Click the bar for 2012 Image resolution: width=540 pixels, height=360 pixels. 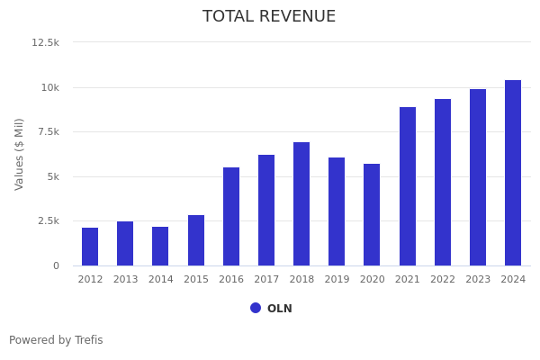click(90, 247)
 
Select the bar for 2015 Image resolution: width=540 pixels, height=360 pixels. click(196, 240)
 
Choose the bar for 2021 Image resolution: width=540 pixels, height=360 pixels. click(408, 186)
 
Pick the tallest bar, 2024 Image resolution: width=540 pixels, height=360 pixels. click(513, 173)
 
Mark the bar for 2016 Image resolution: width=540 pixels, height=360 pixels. click(231, 216)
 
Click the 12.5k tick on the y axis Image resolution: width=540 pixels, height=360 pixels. click(46, 42)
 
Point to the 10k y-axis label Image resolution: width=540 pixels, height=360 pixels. click(49, 87)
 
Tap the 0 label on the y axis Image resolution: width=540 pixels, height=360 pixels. click(56, 265)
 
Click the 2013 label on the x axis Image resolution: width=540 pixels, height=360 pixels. click(125, 280)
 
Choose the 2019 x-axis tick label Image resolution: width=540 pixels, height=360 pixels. click(337, 280)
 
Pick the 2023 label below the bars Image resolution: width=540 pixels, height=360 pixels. click(478, 280)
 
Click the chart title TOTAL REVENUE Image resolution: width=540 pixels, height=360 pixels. click(269, 17)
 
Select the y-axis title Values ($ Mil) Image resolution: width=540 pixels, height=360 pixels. click(20, 154)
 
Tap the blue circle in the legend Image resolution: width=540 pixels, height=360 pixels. click(256, 308)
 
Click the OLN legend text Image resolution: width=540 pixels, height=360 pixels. click(280, 309)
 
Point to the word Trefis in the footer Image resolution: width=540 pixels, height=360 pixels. click(87, 340)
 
